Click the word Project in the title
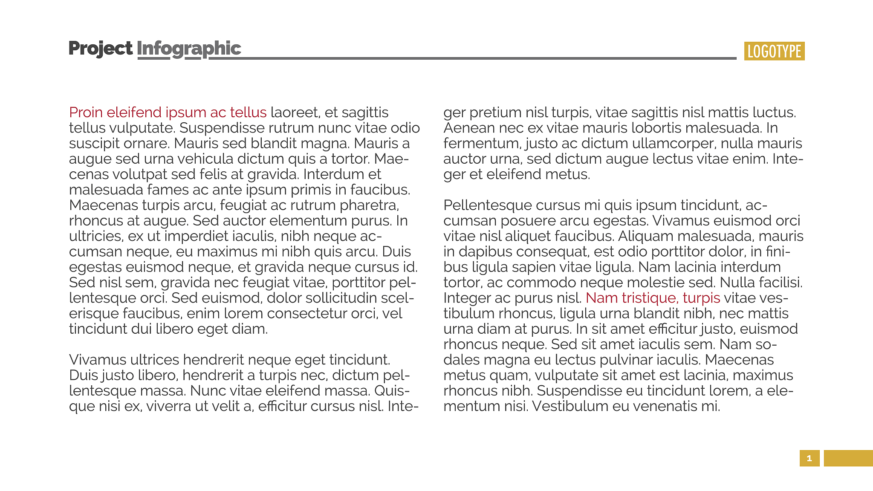point(100,49)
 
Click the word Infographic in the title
point(189,49)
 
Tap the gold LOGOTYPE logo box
point(774,51)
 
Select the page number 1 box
point(809,458)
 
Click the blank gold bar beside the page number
point(848,458)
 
